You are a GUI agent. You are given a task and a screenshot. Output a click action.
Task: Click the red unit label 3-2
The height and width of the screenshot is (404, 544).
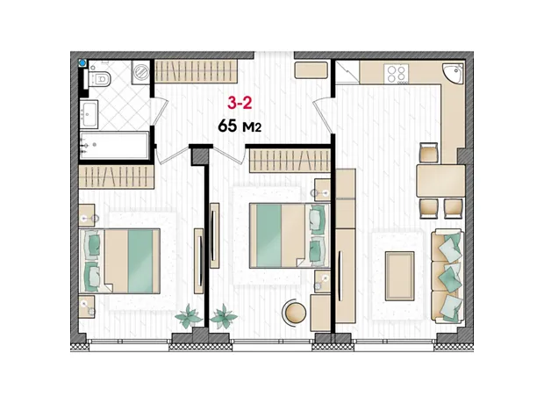coord(240,103)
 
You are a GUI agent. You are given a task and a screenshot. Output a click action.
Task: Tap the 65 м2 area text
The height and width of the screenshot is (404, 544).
coord(240,126)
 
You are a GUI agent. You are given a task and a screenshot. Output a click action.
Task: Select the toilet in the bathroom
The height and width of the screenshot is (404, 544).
coord(99,78)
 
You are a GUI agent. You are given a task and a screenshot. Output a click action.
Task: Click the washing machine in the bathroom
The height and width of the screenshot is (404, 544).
coord(140,72)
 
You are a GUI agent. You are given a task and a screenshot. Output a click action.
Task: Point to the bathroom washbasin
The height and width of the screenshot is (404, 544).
coord(89,114)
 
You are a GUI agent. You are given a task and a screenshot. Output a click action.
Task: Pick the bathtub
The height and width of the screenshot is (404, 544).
coord(114,145)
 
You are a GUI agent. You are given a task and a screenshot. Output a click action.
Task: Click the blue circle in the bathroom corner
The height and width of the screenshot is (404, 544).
coord(82,63)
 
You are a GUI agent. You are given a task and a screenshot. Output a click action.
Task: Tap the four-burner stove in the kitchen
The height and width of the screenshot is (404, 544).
coord(397,74)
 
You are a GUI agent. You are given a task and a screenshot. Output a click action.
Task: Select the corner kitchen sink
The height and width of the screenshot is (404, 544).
coord(454,73)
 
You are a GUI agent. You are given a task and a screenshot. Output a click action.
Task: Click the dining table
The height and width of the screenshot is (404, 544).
coord(440,181)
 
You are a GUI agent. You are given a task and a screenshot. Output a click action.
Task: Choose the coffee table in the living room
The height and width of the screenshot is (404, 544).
coord(400,276)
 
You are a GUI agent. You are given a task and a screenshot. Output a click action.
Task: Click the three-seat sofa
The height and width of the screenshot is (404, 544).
coord(447,275)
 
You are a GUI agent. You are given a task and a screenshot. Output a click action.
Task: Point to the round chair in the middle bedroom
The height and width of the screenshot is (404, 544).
coord(296,312)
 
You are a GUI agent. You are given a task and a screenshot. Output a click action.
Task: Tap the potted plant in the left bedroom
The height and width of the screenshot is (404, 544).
coord(189,316)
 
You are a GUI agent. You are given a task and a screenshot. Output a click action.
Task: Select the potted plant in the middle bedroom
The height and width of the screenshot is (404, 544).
coord(224,316)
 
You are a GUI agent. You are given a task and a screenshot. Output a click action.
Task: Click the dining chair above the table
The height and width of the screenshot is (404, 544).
coord(429,153)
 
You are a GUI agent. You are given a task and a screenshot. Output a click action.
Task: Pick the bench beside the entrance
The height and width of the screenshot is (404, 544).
coord(311,70)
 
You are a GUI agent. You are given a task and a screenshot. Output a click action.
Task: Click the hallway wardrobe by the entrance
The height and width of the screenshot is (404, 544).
coord(196,71)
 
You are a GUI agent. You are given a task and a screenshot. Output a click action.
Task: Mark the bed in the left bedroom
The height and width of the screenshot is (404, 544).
coord(120,261)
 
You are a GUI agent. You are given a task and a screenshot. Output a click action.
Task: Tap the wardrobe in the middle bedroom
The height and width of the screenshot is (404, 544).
coord(290,161)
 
